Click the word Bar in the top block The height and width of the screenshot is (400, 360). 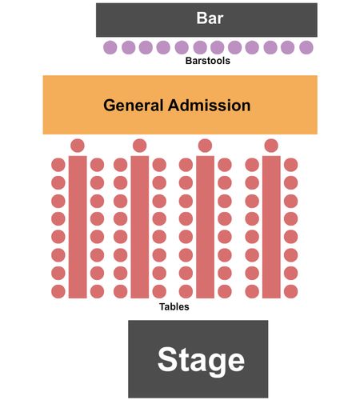(x=210, y=18)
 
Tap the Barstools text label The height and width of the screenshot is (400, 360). (x=208, y=61)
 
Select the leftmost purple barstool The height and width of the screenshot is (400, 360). (x=110, y=48)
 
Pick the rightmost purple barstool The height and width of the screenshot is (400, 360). (x=306, y=48)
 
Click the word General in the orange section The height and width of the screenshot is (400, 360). (x=133, y=106)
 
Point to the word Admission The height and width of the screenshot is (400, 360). (x=209, y=106)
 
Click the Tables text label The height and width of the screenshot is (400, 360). (x=174, y=306)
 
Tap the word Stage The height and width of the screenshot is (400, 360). (x=201, y=361)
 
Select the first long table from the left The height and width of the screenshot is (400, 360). (x=78, y=227)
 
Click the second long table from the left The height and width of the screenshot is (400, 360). (x=140, y=227)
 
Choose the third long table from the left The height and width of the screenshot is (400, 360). (x=206, y=227)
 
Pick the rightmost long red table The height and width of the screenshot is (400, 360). (x=271, y=227)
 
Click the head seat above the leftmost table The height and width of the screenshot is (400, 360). (x=78, y=146)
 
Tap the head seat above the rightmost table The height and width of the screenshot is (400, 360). (x=271, y=146)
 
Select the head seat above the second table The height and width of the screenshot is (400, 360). (x=140, y=146)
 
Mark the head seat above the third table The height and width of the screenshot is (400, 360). (x=205, y=146)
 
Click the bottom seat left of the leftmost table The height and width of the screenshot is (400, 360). (x=58, y=291)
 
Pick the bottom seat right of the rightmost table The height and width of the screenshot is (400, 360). (x=291, y=291)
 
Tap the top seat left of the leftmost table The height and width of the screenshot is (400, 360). (x=58, y=165)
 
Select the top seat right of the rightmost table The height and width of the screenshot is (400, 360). (x=291, y=165)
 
